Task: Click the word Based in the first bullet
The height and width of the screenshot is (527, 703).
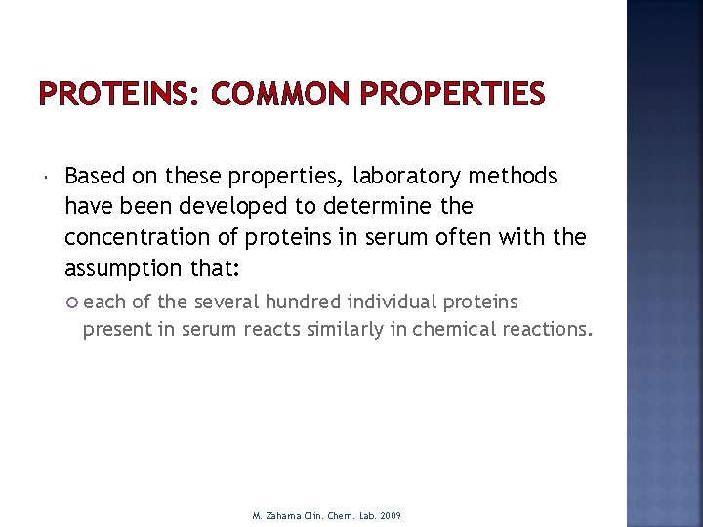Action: click(x=95, y=177)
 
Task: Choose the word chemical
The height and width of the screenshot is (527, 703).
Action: click(x=454, y=329)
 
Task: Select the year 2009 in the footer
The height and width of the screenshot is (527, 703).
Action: click(x=390, y=515)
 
